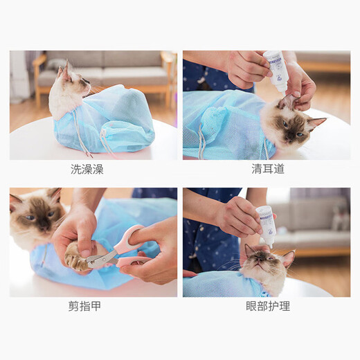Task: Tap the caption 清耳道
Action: [267, 169]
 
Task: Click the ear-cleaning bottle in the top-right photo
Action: [276, 69]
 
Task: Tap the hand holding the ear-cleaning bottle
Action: [249, 67]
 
